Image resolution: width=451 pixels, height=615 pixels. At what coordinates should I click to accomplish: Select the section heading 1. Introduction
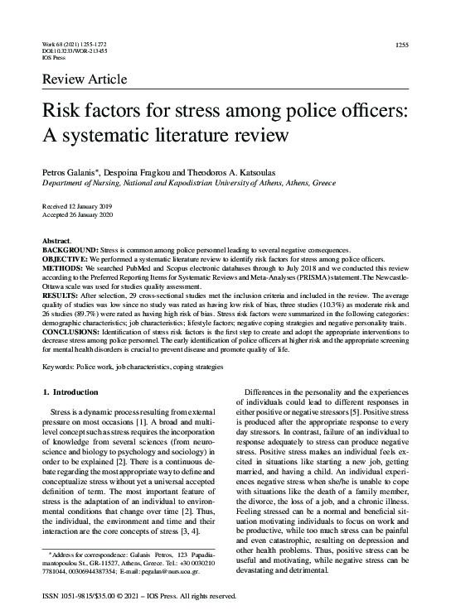click(75, 391)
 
